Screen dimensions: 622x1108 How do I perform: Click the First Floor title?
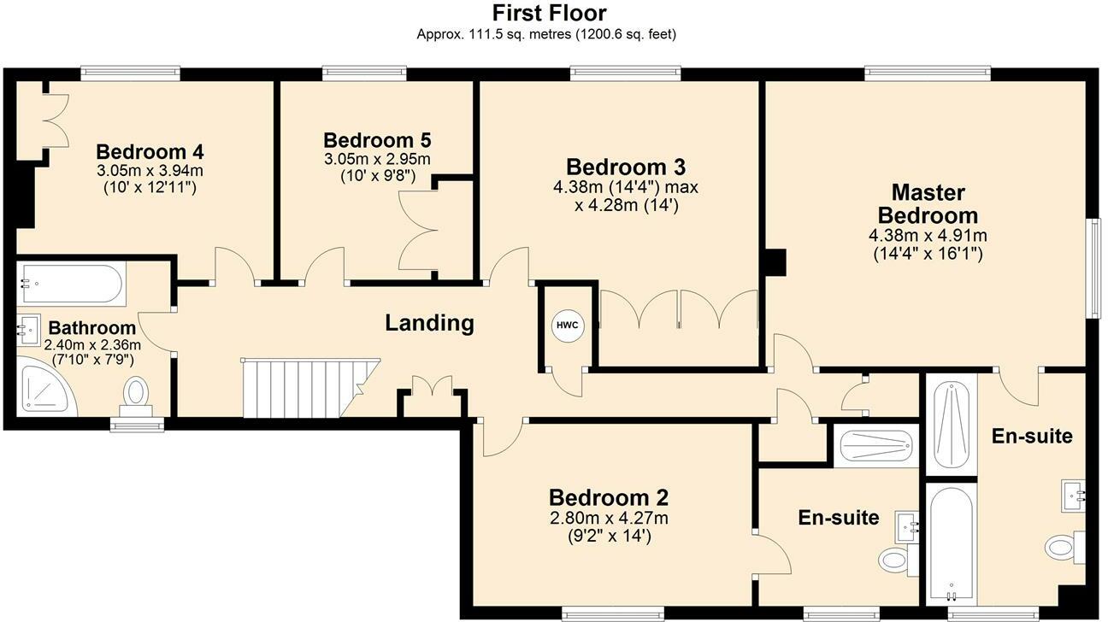550,14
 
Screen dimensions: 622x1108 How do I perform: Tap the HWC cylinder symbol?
565,326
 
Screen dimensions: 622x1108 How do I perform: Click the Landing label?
429,323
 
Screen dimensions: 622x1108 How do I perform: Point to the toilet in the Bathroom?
135,396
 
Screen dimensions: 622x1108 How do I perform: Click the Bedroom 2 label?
608,497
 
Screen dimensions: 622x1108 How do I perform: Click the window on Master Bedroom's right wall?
1093,267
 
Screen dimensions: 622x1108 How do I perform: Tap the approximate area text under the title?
548,35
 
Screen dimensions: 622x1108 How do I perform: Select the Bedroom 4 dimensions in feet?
150,187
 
